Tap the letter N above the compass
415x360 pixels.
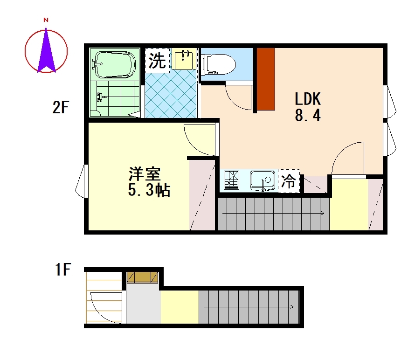(46, 20)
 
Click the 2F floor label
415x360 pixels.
(61, 107)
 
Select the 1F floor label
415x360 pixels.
(63, 269)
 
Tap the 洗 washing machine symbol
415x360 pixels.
(157, 61)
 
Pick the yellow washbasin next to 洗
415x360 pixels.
(184, 59)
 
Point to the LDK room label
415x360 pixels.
(308, 99)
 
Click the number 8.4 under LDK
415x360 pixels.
(308, 115)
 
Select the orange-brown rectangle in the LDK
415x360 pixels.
(266, 79)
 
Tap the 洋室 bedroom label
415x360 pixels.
(145, 173)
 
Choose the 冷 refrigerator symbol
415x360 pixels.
(289, 181)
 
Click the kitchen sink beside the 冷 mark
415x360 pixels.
(262, 180)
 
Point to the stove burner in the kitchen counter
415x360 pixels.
(232, 180)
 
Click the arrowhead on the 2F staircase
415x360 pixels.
(323, 213)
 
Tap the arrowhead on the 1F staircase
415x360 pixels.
(291, 307)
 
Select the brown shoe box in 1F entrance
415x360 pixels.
(142, 277)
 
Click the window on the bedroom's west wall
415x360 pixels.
(82, 181)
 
